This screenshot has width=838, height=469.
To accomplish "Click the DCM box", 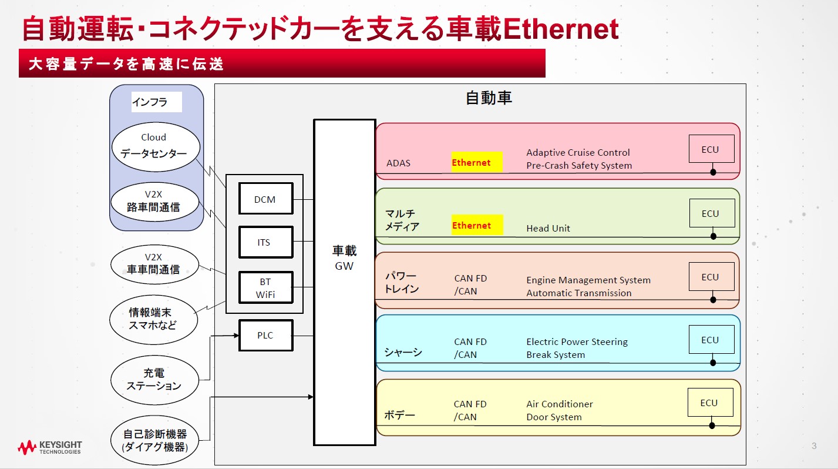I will [265, 199].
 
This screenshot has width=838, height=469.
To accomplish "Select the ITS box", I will [265, 242].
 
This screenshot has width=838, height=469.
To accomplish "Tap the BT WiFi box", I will [265, 287].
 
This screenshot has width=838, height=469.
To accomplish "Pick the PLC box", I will [265, 336].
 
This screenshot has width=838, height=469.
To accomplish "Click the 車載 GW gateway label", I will [344, 257].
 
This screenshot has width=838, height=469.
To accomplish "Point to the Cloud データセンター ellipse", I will [156, 147].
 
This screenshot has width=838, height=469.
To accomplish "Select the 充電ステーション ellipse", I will [154, 380].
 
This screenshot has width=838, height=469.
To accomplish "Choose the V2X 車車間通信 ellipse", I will [153, 264].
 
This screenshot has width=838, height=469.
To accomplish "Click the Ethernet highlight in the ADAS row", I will [476, 162].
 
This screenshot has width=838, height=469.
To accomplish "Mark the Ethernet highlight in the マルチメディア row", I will [476, 225].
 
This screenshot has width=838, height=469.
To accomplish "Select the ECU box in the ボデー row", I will [709, 403].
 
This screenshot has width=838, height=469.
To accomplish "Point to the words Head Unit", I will [548, 228].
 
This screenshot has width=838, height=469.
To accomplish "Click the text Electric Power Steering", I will [577, 341].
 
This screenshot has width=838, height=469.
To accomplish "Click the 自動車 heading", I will [489, 98].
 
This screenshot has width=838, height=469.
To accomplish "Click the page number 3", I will [814, 445].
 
